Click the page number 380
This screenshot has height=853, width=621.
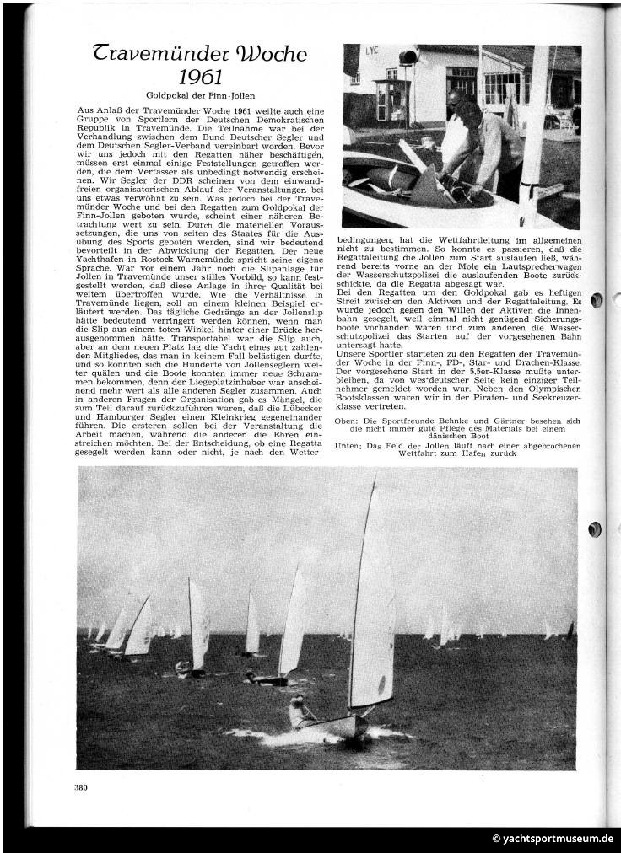[81, 787]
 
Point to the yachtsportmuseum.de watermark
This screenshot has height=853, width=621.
[553, 840]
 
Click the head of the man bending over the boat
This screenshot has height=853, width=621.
[456, 100]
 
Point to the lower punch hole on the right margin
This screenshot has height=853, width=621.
[597, 529]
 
